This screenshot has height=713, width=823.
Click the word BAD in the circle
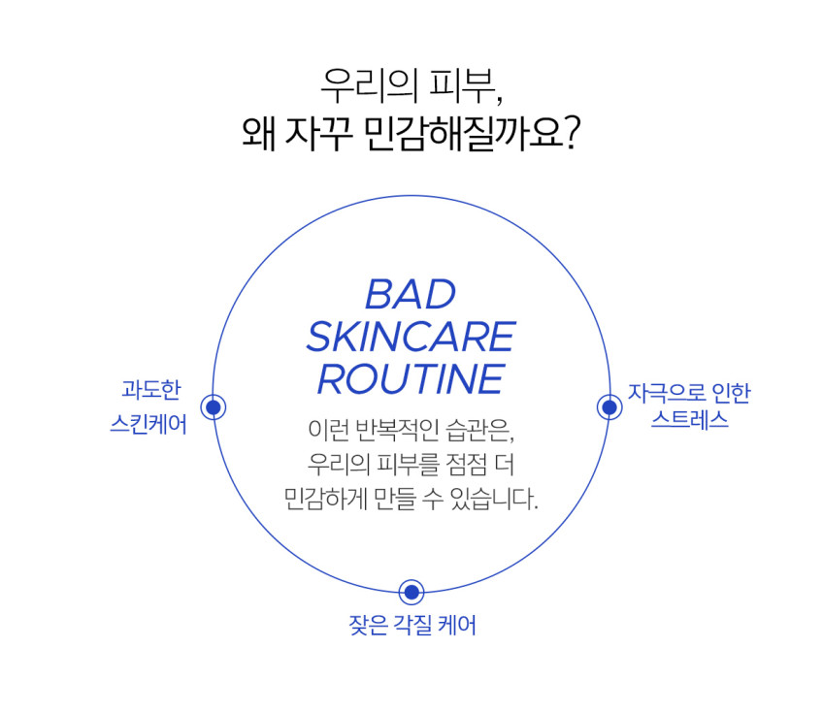click(x=411, y=294)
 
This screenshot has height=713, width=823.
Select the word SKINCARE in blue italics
click(x=411, y=337)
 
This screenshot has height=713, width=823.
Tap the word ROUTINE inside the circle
click(x=411, y=378)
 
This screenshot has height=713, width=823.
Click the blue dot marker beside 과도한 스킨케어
click(x=214, y=407)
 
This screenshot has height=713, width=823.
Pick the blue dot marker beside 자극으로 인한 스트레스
click(x=609, y=407)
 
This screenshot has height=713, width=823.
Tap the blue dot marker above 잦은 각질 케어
click(x=411, y=593)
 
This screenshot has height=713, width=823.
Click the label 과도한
click(x=151, y=390)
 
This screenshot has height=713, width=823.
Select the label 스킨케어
click(x=148, y=424)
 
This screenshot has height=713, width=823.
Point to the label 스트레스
click(x=690, y=419)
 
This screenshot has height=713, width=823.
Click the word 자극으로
click(x=666, y=394)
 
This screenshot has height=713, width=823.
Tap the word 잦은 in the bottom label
click(x=368, y=625)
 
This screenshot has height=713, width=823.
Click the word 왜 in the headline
click(x=258, y=134)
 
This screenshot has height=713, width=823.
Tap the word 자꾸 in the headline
click(x=318, y=134)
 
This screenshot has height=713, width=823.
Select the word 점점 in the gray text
click(x=465, y=464)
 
